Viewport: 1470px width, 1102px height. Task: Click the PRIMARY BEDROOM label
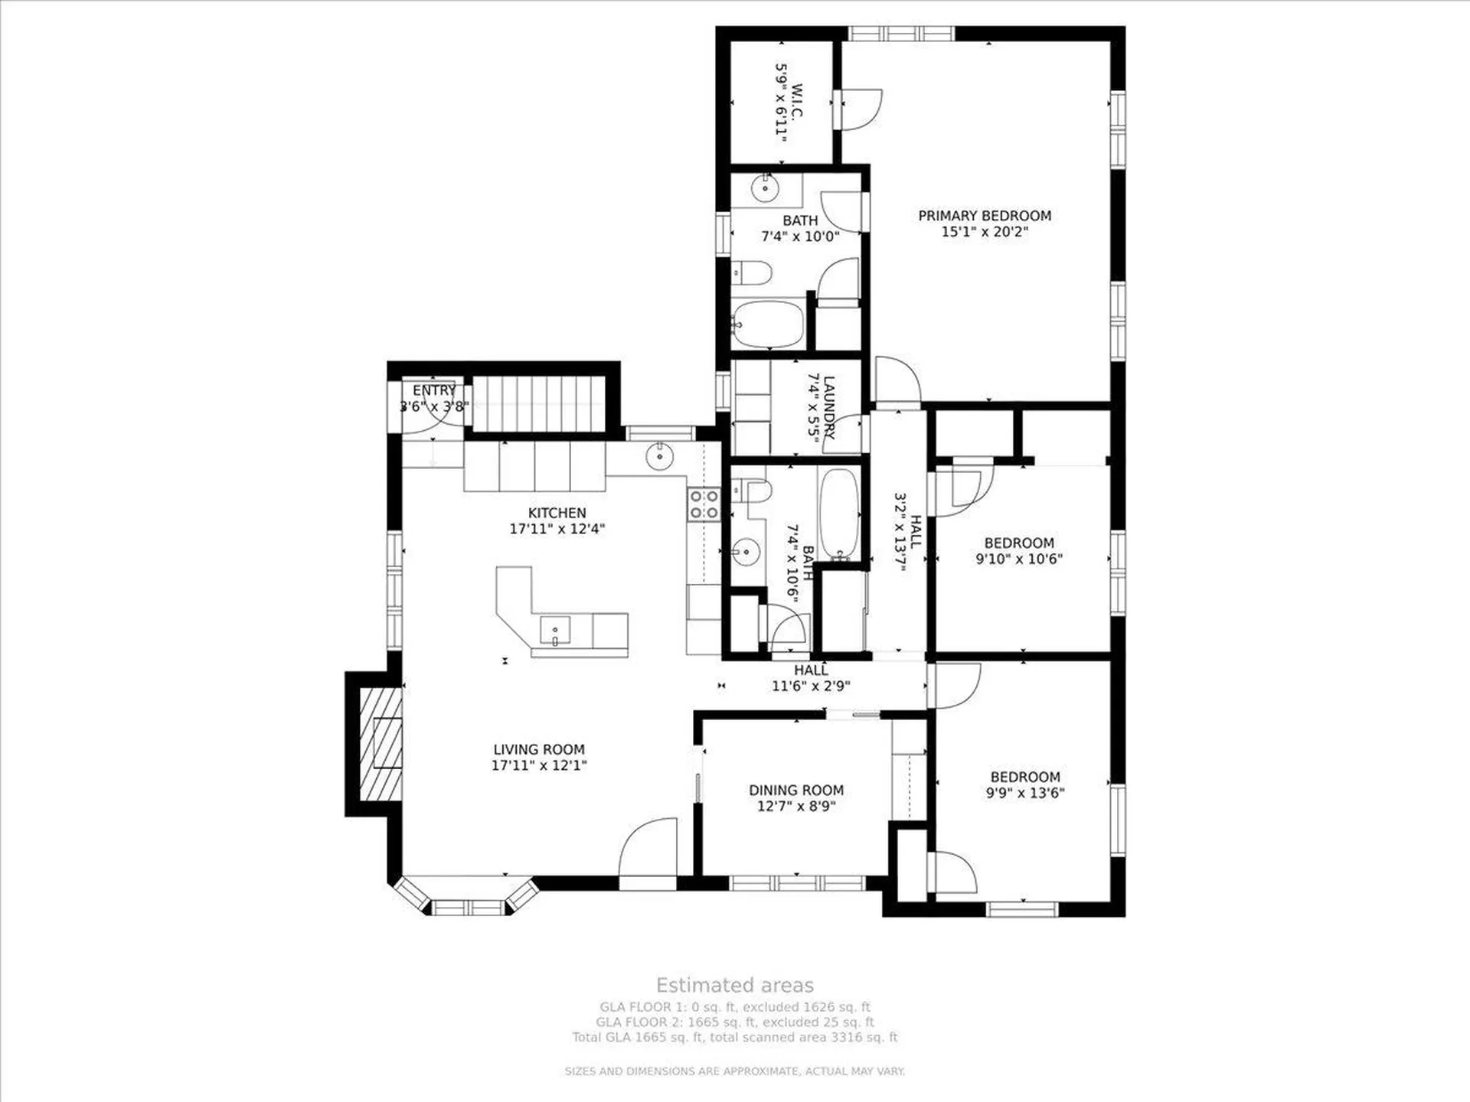point(985,216)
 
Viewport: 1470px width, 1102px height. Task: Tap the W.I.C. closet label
point(798,102)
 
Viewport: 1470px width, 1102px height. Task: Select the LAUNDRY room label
point(829,406)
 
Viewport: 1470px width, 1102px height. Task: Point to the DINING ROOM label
point(796,790)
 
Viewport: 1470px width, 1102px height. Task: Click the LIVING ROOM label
point(539,749)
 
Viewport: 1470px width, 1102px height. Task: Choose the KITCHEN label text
point(557,513)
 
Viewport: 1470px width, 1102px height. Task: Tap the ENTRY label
point(434,391)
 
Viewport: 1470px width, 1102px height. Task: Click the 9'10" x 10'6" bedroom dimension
point(1019,559)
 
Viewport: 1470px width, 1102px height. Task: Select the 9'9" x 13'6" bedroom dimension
point(1025,793)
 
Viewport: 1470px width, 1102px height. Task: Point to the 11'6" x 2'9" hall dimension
point(811,686)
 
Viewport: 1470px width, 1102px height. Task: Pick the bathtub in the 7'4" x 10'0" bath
point(768,324)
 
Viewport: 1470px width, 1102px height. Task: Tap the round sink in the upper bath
point(764,187)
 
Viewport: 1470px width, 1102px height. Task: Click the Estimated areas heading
point(735,985)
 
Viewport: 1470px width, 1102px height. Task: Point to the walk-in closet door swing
point(862,110)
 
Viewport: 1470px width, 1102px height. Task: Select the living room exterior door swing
point(648,847)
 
